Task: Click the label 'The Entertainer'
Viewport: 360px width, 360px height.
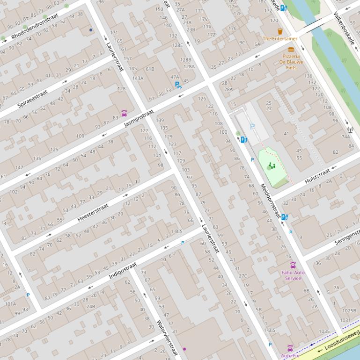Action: click(x=280, y=39)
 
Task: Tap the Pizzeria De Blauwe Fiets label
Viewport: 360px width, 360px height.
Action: click(x=291, y=62)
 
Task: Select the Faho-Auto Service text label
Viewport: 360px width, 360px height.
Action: click(x=293, y=275)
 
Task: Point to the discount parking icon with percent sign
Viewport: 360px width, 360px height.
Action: click(x=178, y=85)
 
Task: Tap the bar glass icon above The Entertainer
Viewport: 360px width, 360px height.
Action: click(x=280, y=31)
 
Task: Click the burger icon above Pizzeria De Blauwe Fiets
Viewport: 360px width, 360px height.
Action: click(x=291, y=49)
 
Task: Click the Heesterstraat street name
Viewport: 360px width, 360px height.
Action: click(x=93, y=212)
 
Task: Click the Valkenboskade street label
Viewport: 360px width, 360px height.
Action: click(x=344, y=29)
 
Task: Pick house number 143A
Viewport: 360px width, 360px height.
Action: click(x=138, y=78)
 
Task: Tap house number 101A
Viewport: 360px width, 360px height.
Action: click(x=10, y=303)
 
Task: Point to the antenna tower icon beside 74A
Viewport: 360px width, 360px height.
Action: click(x=350, y=130)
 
